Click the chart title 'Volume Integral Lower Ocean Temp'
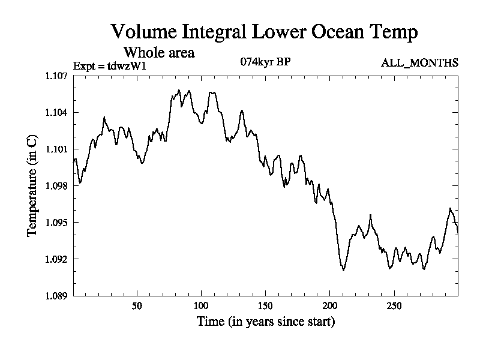click(x=264, y=32)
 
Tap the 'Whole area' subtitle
click(x=158, y=52)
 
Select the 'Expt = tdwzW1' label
click(x=109, y=65)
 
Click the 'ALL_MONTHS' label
click(x=420, y=62)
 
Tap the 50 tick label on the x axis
click(x=137, y=305)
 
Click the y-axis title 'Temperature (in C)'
click(x=32, y=185)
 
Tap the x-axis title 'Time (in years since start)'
click(x=265, y=322)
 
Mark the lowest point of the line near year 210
click(x=343, y=270)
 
